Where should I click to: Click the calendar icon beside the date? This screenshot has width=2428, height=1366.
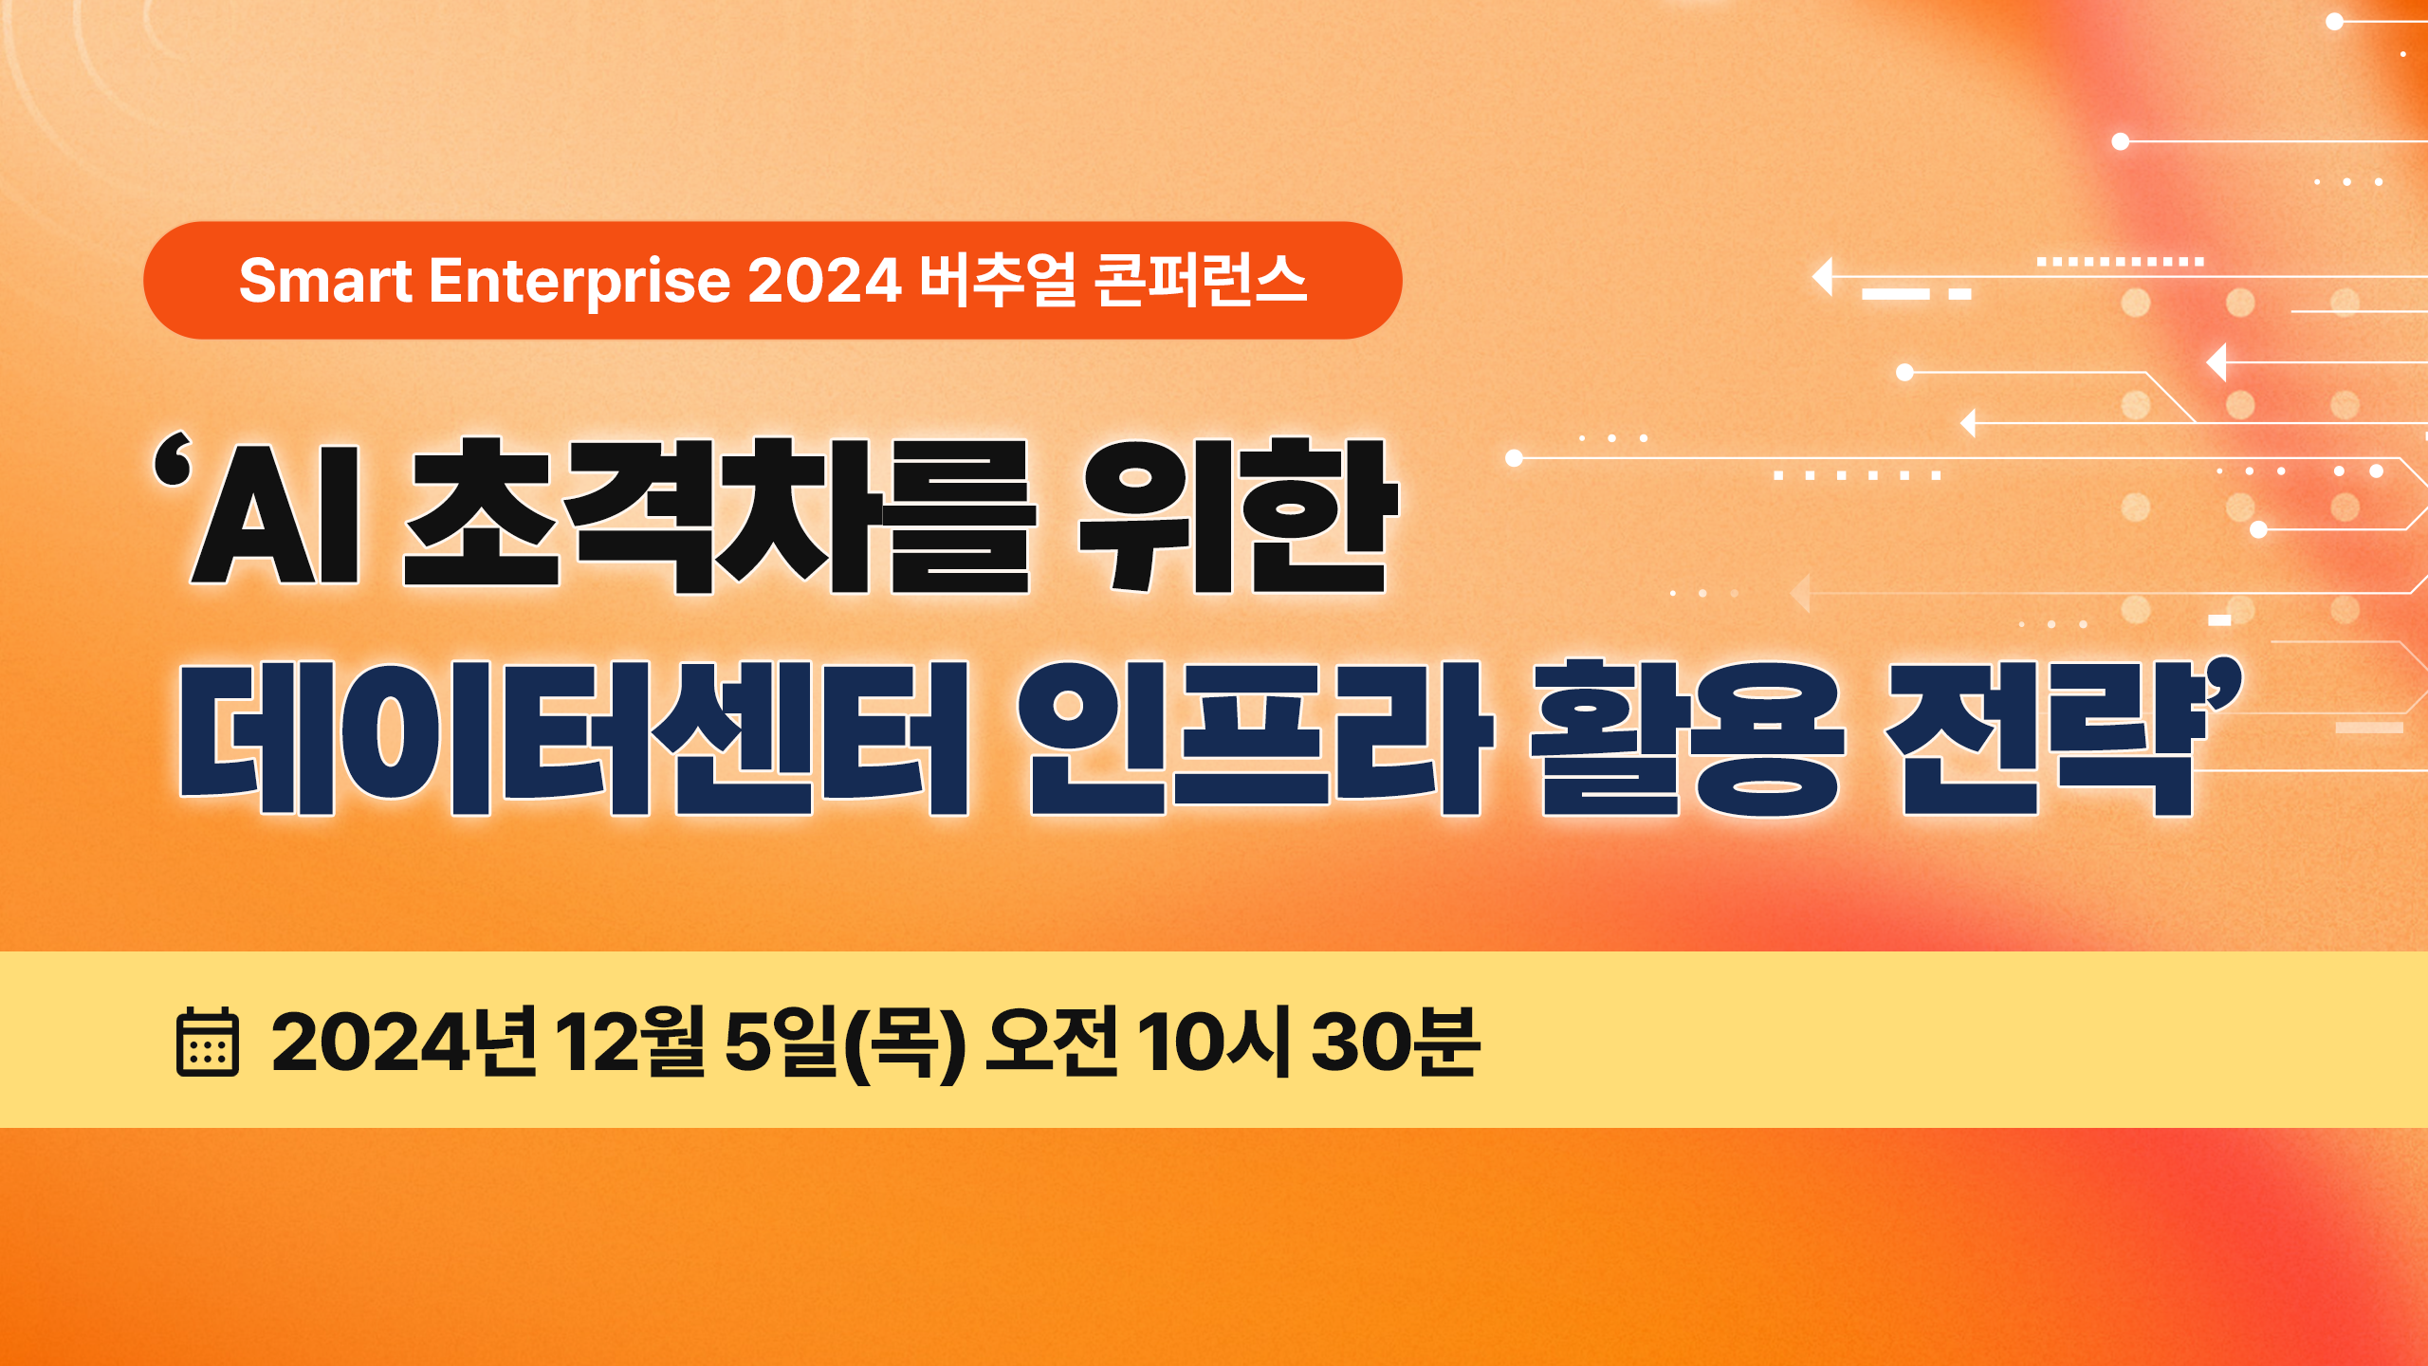208,1043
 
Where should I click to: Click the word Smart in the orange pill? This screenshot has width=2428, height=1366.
325,281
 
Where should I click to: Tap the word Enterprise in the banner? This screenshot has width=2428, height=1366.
579,282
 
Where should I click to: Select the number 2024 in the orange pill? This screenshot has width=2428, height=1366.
824,281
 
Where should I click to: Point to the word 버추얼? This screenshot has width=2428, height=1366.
999,281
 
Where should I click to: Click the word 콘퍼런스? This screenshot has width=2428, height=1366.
1202,281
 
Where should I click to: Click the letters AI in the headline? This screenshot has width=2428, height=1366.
275,513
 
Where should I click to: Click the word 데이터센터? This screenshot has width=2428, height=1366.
574,738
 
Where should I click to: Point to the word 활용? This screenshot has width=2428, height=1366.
1687,738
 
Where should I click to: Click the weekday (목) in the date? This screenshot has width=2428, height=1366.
904,1043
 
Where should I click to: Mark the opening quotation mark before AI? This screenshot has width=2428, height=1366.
173,460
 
